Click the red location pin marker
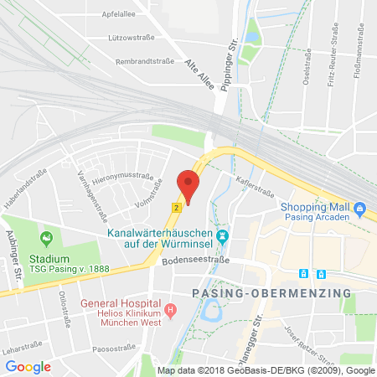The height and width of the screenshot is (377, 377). pyautogui.click(x=188, y=185)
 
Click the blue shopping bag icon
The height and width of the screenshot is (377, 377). pyautogui.click(x=359, y=209)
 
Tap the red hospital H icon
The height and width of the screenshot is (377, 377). pyautogui.click(x=170, y=309)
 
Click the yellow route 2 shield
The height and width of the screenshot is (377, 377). pyautogui.click(x=175, y=207)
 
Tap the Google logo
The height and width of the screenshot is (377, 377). pyautogui.click(x=28, y=366)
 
